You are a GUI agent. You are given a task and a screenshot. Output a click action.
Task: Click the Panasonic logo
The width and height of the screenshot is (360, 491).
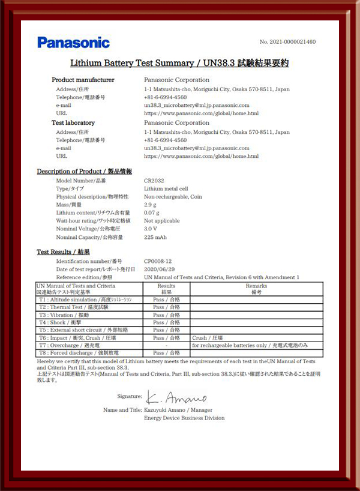(73, 43)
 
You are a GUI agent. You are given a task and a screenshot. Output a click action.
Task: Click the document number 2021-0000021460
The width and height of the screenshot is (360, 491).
(287, 42)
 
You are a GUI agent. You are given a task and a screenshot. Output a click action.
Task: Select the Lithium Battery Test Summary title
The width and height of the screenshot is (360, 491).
(179, 62)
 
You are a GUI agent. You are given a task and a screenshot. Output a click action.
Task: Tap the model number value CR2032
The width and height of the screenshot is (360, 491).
(155, 180)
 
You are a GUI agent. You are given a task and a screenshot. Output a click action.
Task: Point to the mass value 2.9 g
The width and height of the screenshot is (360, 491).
(151, 205)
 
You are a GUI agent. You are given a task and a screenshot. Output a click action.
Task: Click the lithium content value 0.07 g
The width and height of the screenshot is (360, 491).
(152, 212)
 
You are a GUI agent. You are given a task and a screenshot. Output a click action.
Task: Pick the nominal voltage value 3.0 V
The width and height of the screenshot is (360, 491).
(151, 229)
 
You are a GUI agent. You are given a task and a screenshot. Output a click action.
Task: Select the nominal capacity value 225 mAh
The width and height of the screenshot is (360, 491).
(155, 237)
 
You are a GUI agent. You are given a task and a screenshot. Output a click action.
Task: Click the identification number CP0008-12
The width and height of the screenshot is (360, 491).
(158, 261)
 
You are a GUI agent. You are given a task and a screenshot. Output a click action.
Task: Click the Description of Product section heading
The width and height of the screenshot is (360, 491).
(85, 172)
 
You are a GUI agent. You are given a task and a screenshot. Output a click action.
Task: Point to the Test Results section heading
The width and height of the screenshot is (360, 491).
(63, 253)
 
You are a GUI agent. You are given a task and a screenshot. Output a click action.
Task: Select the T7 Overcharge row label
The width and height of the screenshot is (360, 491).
(77, 346)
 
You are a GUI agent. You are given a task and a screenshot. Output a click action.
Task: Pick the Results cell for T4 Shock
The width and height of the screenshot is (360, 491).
(166, 322)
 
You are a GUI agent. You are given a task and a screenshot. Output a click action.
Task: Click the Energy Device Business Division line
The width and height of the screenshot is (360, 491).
(184, 418)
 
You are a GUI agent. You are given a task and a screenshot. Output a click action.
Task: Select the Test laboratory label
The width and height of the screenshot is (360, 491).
(73, 123)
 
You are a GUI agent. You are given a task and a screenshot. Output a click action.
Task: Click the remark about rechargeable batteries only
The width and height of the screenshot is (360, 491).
(250, 346)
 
